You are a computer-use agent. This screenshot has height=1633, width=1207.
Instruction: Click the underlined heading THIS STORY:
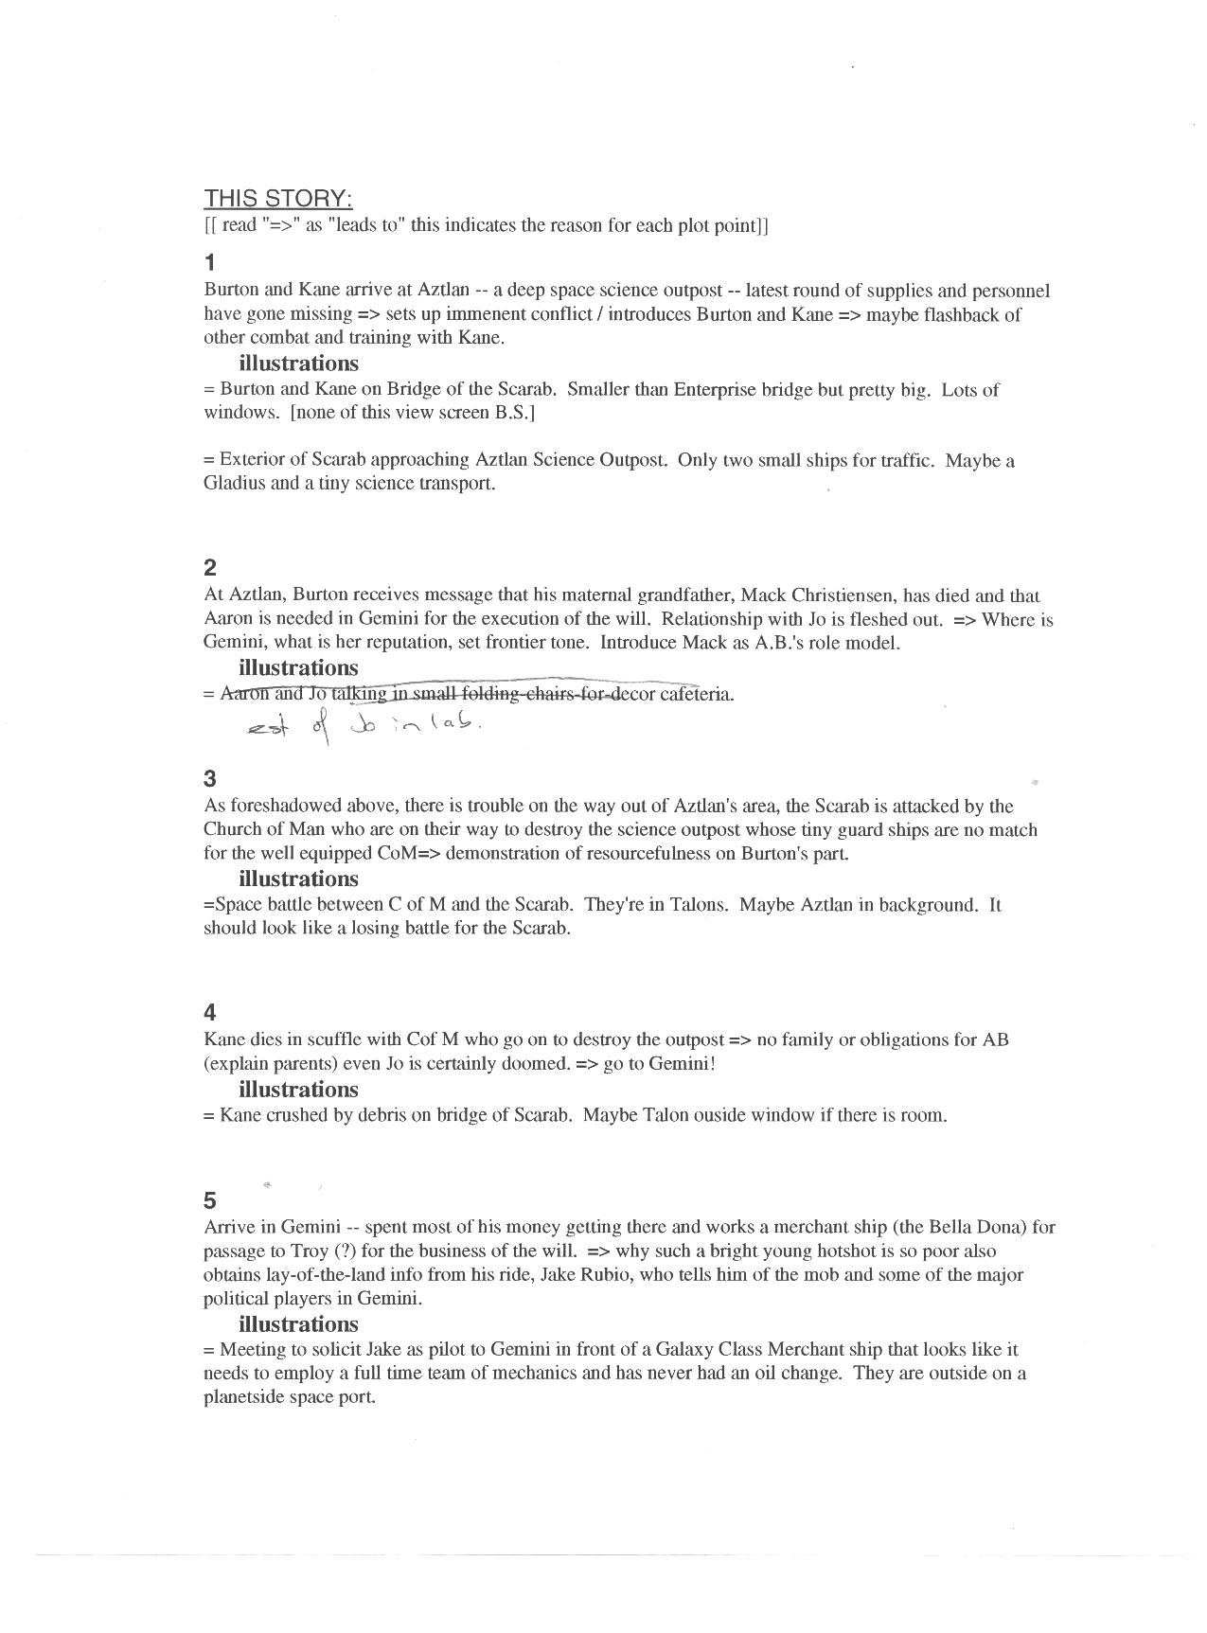[278, 199]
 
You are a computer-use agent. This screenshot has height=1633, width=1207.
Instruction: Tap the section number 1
[210, 262]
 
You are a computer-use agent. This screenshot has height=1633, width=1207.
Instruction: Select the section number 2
[210, 568]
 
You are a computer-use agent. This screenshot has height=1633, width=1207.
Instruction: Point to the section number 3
[210, 779]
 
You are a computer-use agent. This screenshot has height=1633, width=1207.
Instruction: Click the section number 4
[210, 1013]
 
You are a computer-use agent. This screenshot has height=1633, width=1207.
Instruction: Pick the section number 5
[210, 1201]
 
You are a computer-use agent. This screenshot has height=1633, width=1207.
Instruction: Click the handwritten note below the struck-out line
[364, 727]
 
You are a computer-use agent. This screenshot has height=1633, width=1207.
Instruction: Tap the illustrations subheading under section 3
[298, 879]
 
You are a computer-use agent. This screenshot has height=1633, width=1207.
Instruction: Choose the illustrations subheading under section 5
[298, 1324]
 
